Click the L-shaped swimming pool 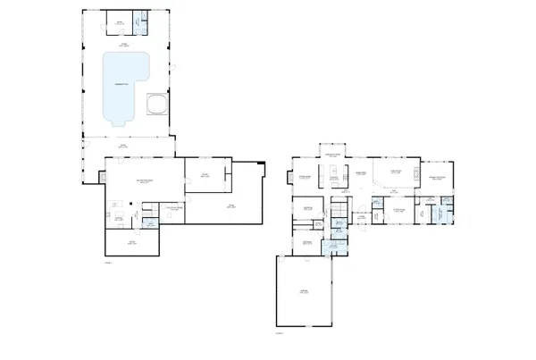click(123, 86)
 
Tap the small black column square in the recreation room click(132, 203)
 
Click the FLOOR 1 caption click(109, 263)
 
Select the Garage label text click(305, 292)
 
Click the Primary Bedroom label click(438, 178)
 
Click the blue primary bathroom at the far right click(441, 214)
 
